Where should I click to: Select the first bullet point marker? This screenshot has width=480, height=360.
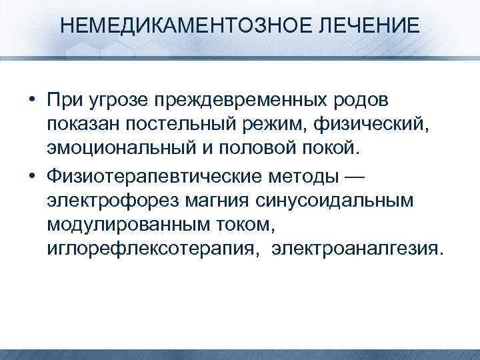(33, 99)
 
